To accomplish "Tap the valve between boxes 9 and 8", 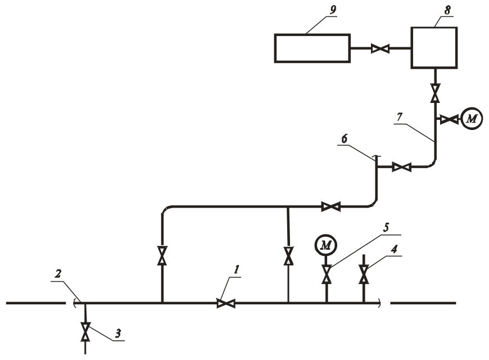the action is (380, 48).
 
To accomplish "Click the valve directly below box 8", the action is (435, 93).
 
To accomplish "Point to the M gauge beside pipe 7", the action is (472, 119).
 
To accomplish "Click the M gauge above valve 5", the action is (326, 246).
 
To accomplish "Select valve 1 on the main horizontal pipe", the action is (226, 303).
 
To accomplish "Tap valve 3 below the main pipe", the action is (85, 331).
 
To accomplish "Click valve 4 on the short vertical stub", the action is (364, 274).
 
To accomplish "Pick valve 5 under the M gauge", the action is (327, 274).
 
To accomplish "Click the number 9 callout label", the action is (333, 10).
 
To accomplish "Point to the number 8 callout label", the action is (447, 11).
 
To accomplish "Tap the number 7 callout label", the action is (400, 118).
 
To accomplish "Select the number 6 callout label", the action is (344, 138).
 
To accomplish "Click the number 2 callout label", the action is (58, 274).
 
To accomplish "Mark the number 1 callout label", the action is (237, 270).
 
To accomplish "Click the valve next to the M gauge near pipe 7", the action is (450, 119).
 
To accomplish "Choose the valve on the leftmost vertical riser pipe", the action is (162, 256).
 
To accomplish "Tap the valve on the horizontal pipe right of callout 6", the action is (401, 167).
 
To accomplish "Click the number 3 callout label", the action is (117, 334).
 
